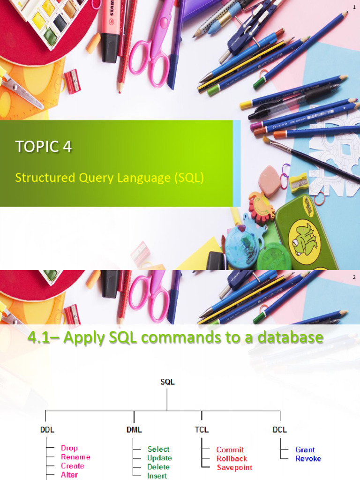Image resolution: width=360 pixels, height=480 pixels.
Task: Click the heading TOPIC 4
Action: pyautogui.click(x=44, y=147)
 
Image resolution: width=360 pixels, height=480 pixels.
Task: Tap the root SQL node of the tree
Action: pyautogui.click(x=167, y=382)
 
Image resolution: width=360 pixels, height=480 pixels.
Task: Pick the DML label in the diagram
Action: pyautogui.click(x=134, y=429)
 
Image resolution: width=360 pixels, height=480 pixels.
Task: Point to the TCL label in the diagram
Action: pyautogui.click(x=201, y=429)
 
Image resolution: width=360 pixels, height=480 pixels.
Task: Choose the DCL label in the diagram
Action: pyautogui.click(x=279, y=429)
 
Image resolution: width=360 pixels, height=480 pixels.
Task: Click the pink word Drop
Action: pyautogui.click(x=69, y=448)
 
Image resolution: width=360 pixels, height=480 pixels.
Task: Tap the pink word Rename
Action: pyautogui.click(x=75, y=457)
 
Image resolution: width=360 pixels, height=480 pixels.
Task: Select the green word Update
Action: pyautogui.click(x=159, y=458)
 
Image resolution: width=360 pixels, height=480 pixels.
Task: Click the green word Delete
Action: pyautogui.click(x=158, y=467)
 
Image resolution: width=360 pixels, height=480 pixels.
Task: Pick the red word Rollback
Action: pyautogui.click(x=232, y=458)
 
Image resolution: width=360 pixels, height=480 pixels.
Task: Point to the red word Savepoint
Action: pyautogui.click(x=234, y=467)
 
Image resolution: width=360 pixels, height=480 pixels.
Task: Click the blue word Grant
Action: pyautogui.click(x=305, y=450)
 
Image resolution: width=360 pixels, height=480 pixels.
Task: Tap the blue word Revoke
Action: pyautogui.click(x=308, y=458)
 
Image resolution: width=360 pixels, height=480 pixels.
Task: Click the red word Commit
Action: pyautogui.click(x=230, y=450)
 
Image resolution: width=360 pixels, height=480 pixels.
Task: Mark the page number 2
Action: pyautogui.click(x=354, y=277)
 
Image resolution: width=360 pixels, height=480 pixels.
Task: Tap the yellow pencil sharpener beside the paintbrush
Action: pyautogui.click(x=299, y=182)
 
